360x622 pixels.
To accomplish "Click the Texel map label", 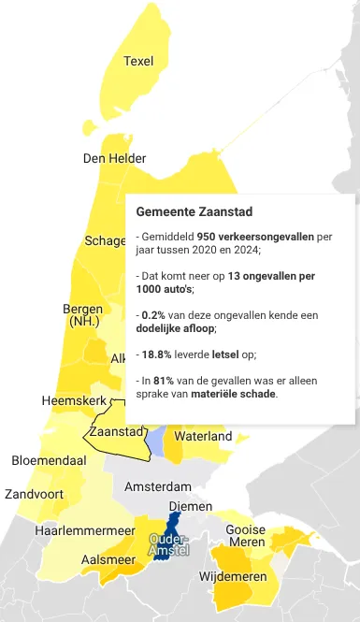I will [x=138, y=61].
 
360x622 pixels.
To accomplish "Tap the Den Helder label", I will [x=114, y=158].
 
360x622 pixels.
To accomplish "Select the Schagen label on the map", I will [x=105, y=240].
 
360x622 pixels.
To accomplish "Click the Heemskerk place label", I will [x=74, y=400].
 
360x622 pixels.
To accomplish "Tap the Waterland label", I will [x=203, y=436].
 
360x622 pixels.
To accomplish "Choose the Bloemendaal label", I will [x=49, y=460].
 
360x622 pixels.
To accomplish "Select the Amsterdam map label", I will [x=157, y=486].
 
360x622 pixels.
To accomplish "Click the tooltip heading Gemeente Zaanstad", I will [x=194, y=212].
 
